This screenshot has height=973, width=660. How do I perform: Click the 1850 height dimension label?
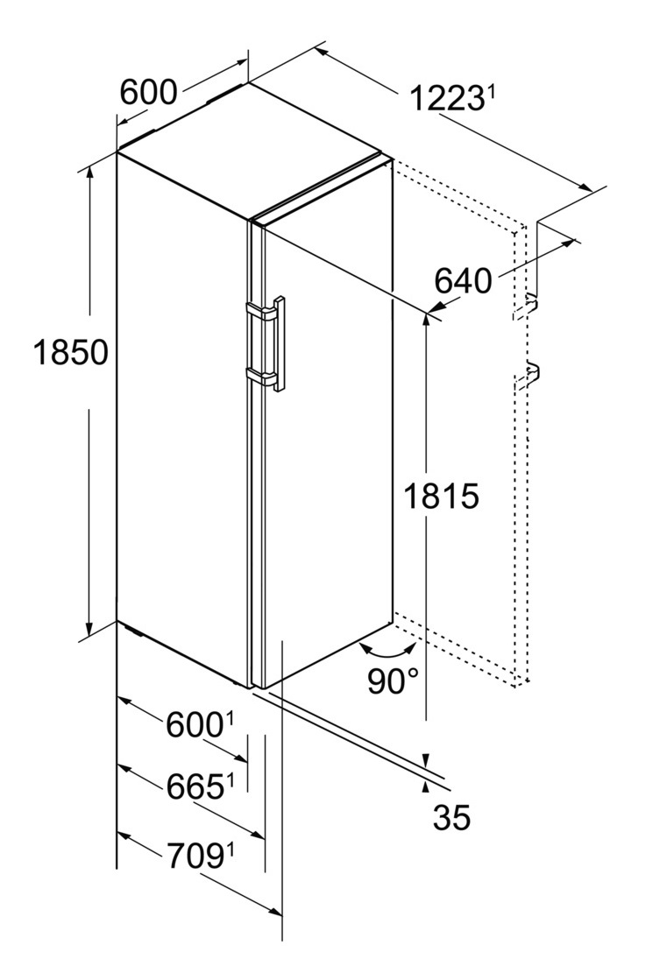point(71,352)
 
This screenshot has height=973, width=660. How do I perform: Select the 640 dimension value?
point(463,281)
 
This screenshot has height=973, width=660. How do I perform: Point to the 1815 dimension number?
point(441,496)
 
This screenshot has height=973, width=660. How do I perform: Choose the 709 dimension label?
point(195,857)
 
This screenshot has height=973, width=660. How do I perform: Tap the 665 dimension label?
point(195,786)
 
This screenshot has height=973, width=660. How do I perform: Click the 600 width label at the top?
point(148,93)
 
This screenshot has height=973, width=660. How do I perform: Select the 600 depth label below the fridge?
point(195,725)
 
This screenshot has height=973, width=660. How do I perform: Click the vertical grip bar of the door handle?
point(279,343)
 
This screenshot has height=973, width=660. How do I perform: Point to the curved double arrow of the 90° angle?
point(389,650)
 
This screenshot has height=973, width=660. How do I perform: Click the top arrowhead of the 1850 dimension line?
point(90,173)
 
